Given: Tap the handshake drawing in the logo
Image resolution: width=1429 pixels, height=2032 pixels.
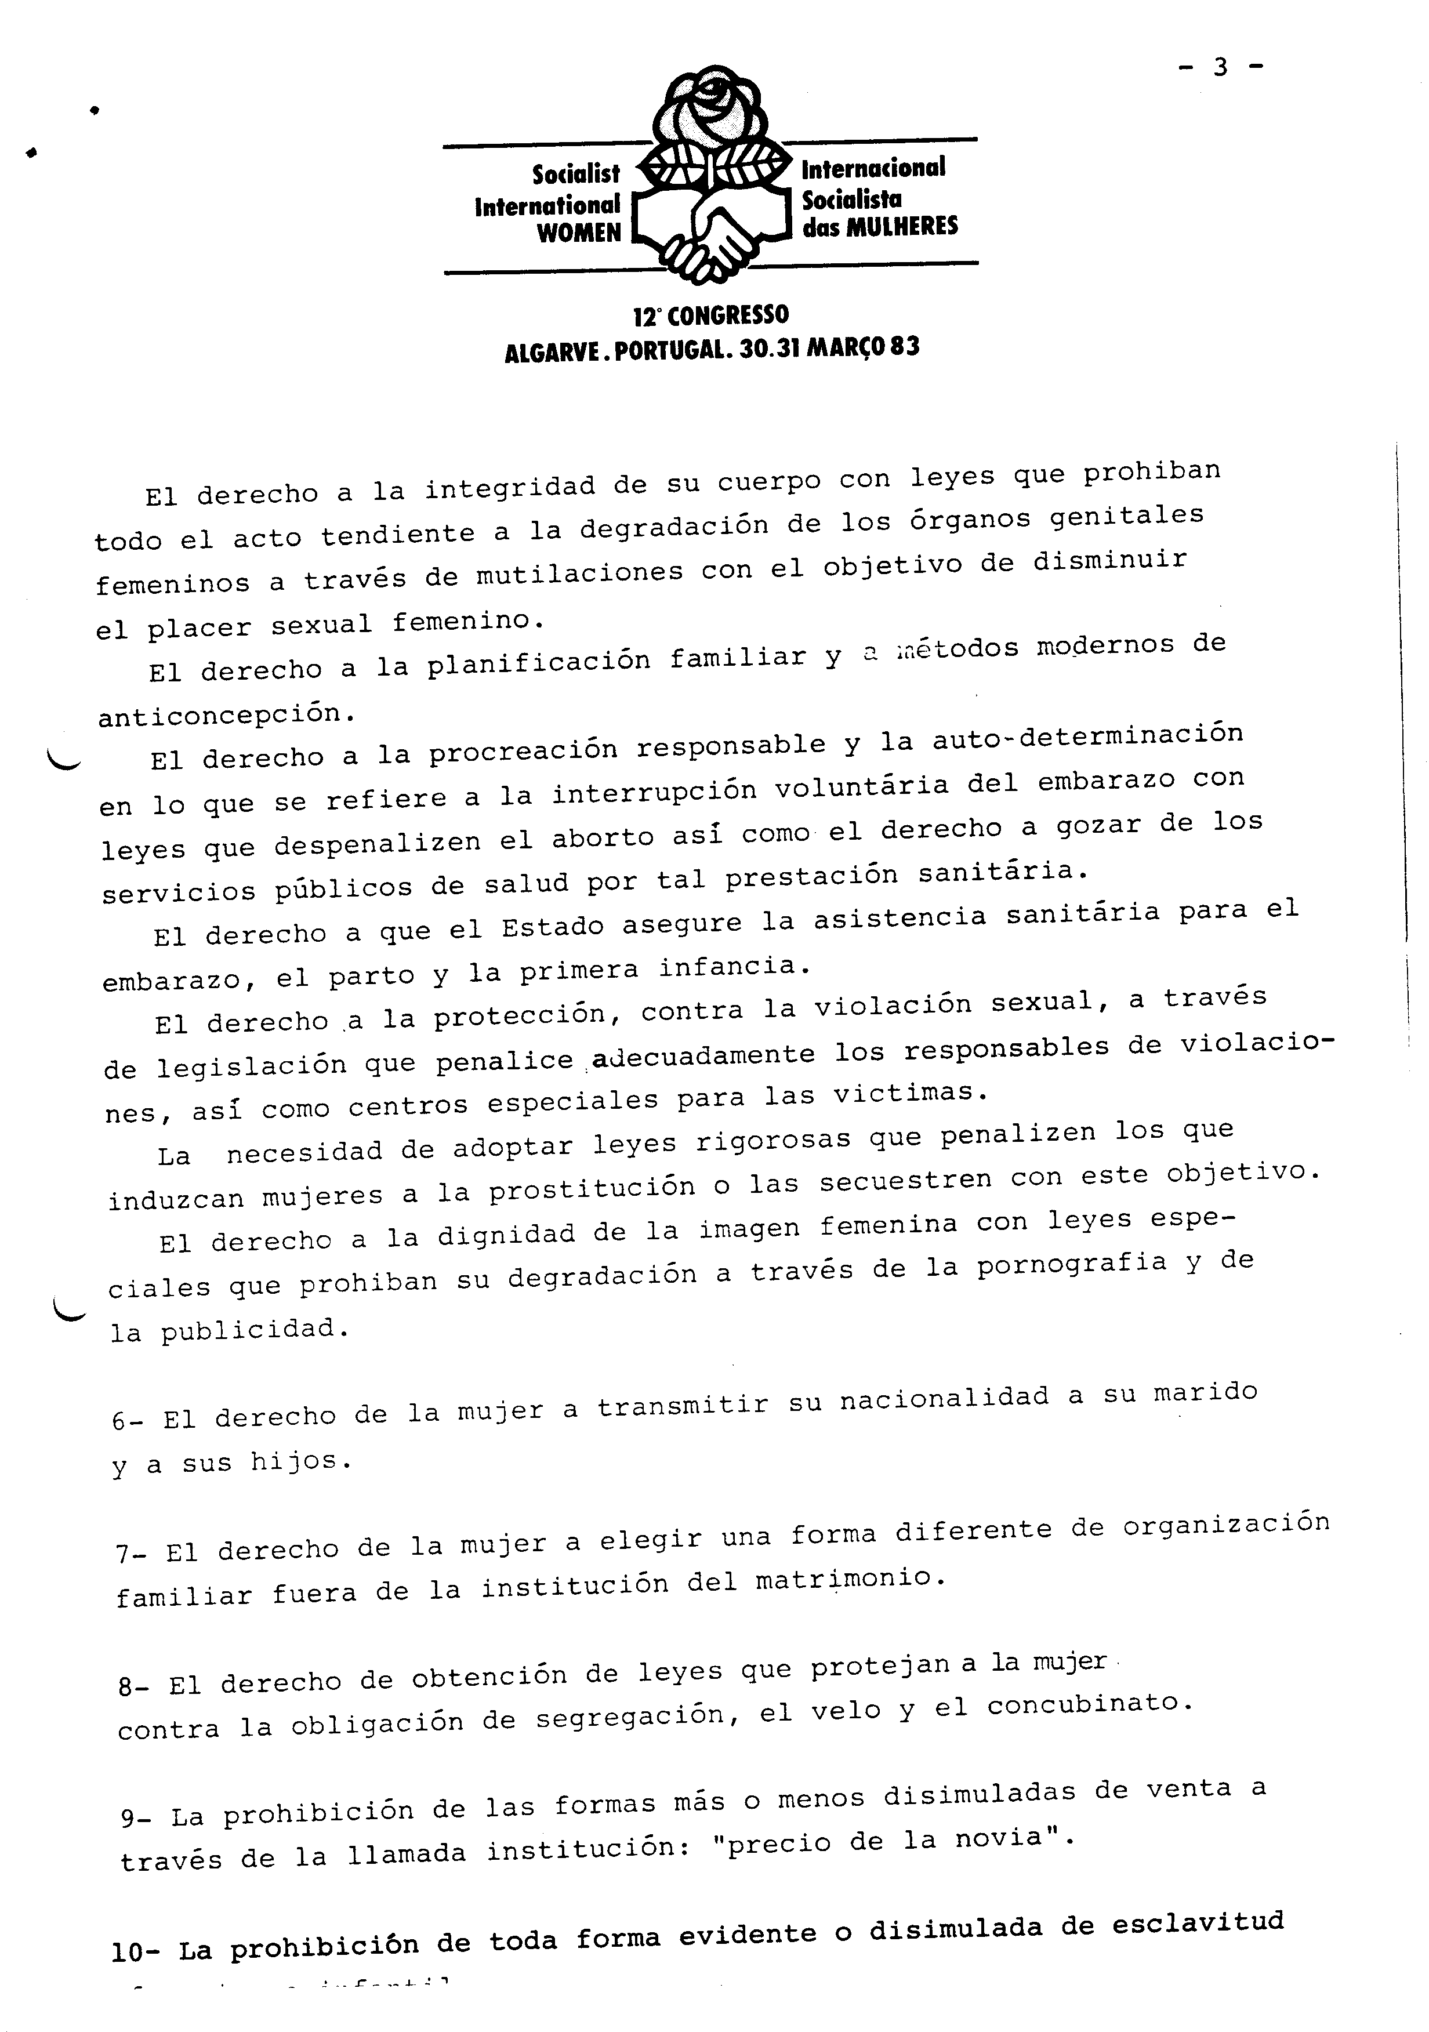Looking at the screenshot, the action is tap(713, 232).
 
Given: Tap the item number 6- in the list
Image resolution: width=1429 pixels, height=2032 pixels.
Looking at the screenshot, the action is tap(128, 1421).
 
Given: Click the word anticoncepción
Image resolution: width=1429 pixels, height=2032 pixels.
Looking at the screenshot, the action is tap(219, 715).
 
